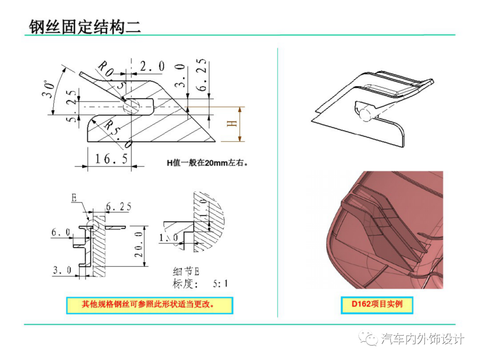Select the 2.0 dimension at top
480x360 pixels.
tap(152, 67)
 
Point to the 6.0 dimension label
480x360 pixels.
tap(61, 232)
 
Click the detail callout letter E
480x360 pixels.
tap(73, 198)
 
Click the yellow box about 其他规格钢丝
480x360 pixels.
tap(150, 305)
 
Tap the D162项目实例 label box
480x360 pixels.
tap(377, 305)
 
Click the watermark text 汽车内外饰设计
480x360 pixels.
tap(423, 339)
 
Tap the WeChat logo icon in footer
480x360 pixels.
tap(370, 339)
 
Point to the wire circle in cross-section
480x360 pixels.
tap(132, 107)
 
